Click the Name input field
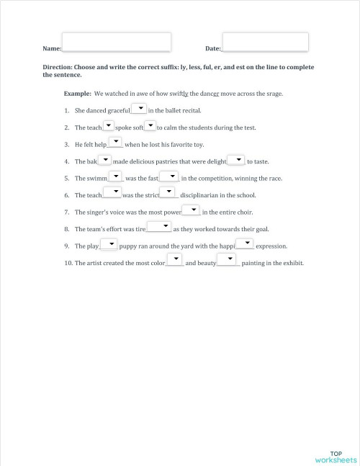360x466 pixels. [x=117, y=42]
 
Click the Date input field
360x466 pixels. [x=266, y=42]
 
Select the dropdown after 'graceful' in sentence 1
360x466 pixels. [x=139, y=109]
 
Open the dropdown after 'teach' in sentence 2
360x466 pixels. [x=108, y=125]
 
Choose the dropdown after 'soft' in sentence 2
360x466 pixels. [x=150, y=125]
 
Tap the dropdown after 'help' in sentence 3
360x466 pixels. [x=115, y=143]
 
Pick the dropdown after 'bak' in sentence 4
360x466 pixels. [x=104, y=160]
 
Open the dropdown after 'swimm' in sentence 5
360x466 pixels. [x=115, y=176]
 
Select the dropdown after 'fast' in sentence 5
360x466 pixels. [x=168, y=176]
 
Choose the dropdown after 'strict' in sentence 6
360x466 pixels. [x=168, y=193]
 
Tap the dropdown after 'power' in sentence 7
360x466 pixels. [x=191, y=210]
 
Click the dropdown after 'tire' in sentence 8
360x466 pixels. [x=159, y=228]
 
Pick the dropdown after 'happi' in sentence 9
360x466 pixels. [x=245, y=244]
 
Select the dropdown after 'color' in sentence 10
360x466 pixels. [x=175, y=261]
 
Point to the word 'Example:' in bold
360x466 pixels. [x=77, y=94]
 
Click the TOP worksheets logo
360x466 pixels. [x=335, y=456]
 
